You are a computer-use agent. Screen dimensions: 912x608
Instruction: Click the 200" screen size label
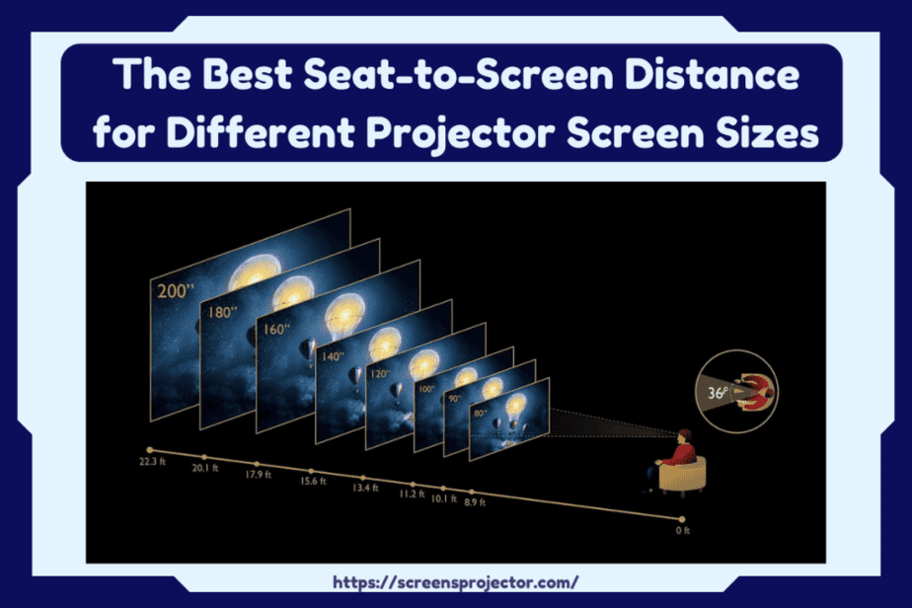click(x=175, y=290)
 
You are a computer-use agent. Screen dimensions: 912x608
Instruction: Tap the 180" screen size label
click(x=223, y=313)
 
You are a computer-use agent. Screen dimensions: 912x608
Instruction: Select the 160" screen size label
click(x=276, y=330)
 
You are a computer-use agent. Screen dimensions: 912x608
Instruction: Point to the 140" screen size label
click(x=333, y=356)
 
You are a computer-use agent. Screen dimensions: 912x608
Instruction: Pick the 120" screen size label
click(x=380, y=373)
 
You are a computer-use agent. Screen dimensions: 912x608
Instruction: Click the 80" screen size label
click(x=480, y=414)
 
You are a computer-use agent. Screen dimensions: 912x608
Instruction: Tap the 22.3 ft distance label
click(x=152, y=461)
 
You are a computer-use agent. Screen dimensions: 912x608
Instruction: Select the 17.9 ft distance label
click(x=259, y=475)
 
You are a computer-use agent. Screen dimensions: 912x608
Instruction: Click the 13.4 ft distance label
click(x=365, y=488)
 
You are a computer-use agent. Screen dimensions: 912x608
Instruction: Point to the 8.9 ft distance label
click(x=475, y=501)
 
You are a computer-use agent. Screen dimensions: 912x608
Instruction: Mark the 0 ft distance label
click(x=683, y=531)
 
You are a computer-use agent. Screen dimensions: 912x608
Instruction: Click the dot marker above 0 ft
click(x=682, y=519)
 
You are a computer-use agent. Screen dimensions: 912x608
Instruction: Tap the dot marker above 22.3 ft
click(x=149, y=450)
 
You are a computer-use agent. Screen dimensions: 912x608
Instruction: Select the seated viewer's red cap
click(x=685, y=433)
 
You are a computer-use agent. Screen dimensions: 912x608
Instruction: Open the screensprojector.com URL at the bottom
click(x=455, y=582)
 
